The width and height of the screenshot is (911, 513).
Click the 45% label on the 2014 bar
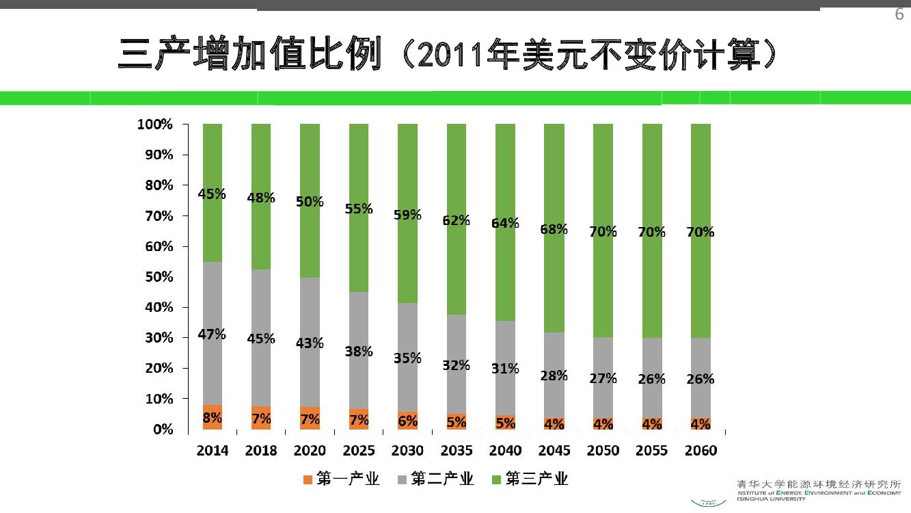point(212,194)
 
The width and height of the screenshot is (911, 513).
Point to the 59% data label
point(407,215)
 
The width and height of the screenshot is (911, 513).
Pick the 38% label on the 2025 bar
point(359,352)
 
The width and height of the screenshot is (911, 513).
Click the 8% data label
point(212,417)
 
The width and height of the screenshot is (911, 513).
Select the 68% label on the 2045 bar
point(554,229)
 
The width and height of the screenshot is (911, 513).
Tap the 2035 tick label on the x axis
point(456,451)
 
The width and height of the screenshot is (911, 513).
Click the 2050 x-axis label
point(603,451)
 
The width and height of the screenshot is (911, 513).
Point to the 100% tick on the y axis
point(154,124)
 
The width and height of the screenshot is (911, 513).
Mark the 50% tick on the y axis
point(159,277)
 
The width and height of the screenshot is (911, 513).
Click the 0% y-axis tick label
point(162,430)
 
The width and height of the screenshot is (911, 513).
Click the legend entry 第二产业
point(441,479)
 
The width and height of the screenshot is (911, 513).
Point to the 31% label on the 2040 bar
point(505,369)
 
